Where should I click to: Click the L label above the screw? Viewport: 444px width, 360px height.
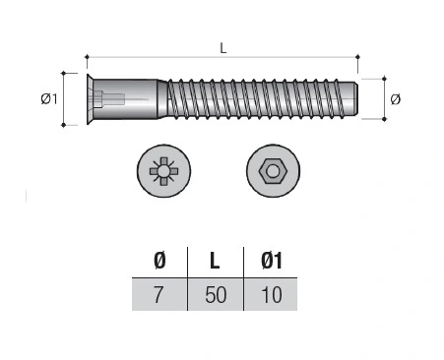(223, 48)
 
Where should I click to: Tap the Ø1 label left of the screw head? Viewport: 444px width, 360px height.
(49, 98)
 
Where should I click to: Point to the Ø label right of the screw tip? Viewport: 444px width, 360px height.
(396, 99)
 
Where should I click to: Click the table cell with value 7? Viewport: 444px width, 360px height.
(159, 294)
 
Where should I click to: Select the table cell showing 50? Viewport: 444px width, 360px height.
(216, 294)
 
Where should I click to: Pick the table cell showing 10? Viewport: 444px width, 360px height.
(271, 294)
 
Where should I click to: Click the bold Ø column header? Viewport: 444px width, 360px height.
(159, 261)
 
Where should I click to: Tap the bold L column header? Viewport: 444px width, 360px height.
(215, 261)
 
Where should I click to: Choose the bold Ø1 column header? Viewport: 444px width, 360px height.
(272, 261)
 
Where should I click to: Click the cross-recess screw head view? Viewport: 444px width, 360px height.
(163, 171)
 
